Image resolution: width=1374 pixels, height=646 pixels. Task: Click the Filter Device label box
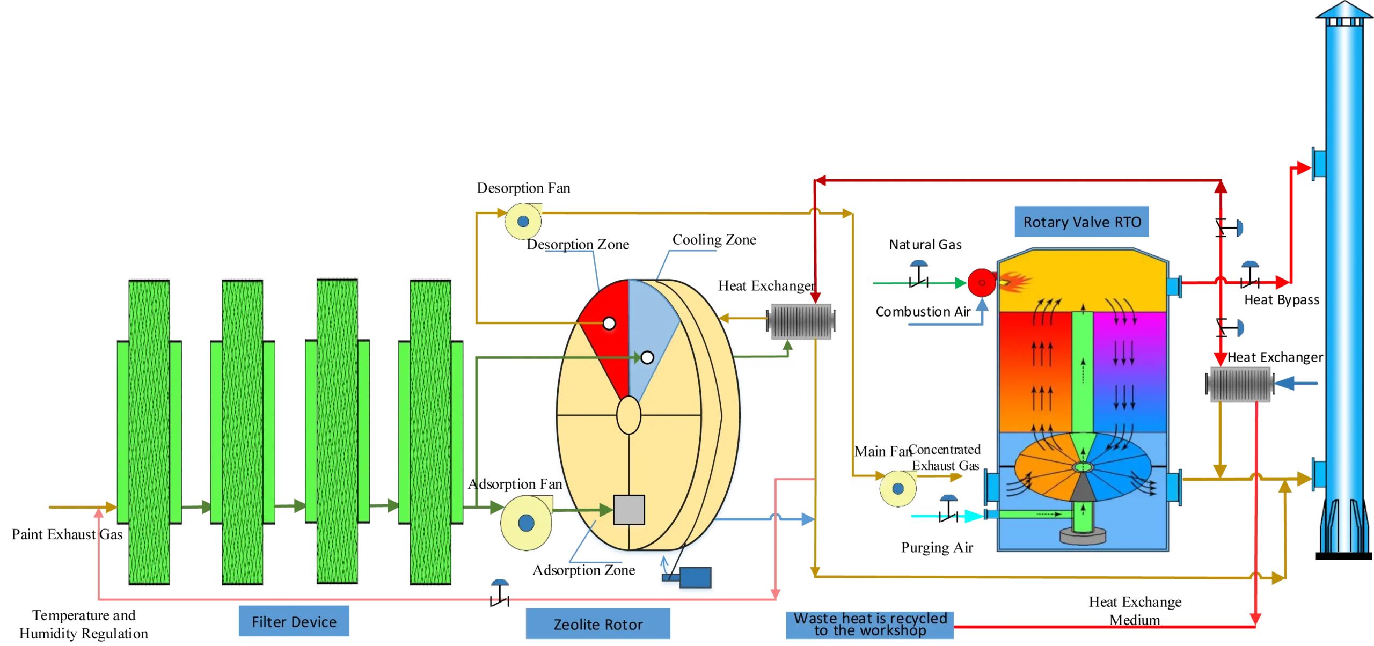[x=294, y=622]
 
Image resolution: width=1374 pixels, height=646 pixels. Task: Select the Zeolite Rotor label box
[x=598, y=625]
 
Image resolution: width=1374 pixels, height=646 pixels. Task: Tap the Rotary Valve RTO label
[x=1081, y=222]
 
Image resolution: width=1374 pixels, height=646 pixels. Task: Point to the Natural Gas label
[x=924, y=245]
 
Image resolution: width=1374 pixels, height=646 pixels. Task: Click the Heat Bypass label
[x=1282, y=299]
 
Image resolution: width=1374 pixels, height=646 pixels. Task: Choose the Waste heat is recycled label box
[x=870, y=625]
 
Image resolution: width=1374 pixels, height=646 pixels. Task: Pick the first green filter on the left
[x=149, y=432]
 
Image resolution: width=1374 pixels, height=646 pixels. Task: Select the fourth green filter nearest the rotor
[x=430, y=432]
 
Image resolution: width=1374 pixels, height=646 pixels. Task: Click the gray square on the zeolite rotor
[x=629, y=510]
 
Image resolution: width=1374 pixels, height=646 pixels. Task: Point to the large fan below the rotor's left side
[x=526, y=523]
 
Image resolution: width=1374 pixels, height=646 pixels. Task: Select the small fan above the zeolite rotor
[x=523, y=221]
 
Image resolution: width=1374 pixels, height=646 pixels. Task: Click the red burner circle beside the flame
[x=982, y=283]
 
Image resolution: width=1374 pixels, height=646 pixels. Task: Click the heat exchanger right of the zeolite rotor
[x=801, y=320]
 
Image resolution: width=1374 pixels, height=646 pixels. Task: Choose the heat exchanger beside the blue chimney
[x=1239, y=383]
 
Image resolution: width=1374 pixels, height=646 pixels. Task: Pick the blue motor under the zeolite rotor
[x=695, y=578]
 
